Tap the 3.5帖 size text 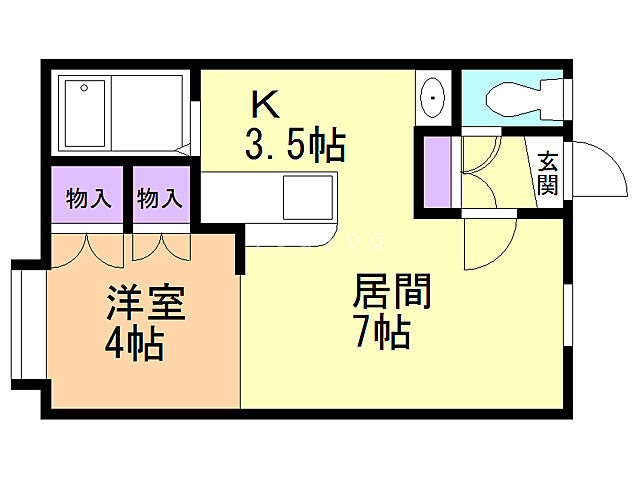pyautogui.click(x=295, y=146)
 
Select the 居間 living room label pyautogui.click(x=391, y=292)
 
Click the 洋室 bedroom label pyautogui.click(x=146, y=302)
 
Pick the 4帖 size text pyautogui.click(x=135, y=345)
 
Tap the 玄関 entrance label pyautogui.click(x=547, y=172)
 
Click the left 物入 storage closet pyautogui.click(x=87, y=198)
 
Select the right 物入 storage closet pyautogui.click(x=159, y=198)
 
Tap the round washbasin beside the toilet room pyautogui.click(x=433, y=97)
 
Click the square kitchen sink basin pyautogui.click(x=307, y=196)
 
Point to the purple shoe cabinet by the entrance pyautogui.click(x=437, y=172)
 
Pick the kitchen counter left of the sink pyautogui.click(x=240, y=195)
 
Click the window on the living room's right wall pyautogui.click(x=568, y=320)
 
